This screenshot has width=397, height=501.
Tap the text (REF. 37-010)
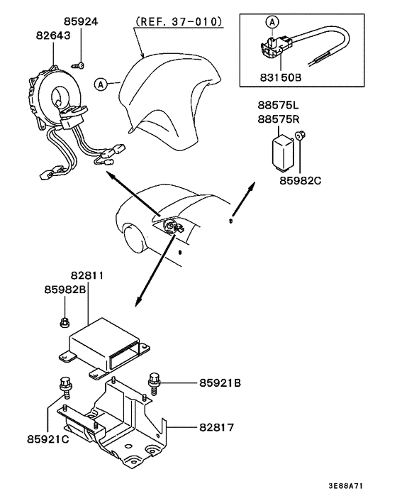[178, 21]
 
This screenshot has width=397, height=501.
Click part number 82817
[216, 428]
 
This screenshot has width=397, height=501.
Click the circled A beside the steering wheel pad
[102, 84]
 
